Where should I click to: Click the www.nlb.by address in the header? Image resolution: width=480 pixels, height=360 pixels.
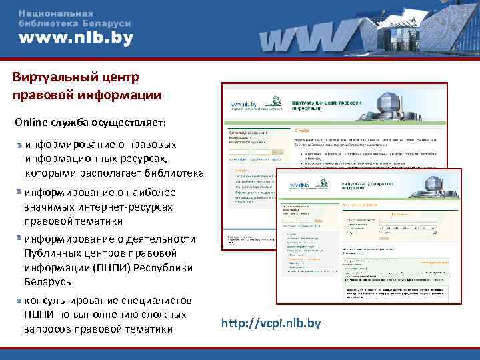pyautogui.click(x=75, y=38)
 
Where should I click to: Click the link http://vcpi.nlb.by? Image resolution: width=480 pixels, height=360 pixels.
pyautogui.click(x=271, y=324)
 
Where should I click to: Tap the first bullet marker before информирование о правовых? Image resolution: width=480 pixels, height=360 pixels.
pyautogui.click(x=19, y=144)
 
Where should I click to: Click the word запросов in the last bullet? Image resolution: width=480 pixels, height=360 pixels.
pyautogui.click(x=47, y=329)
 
